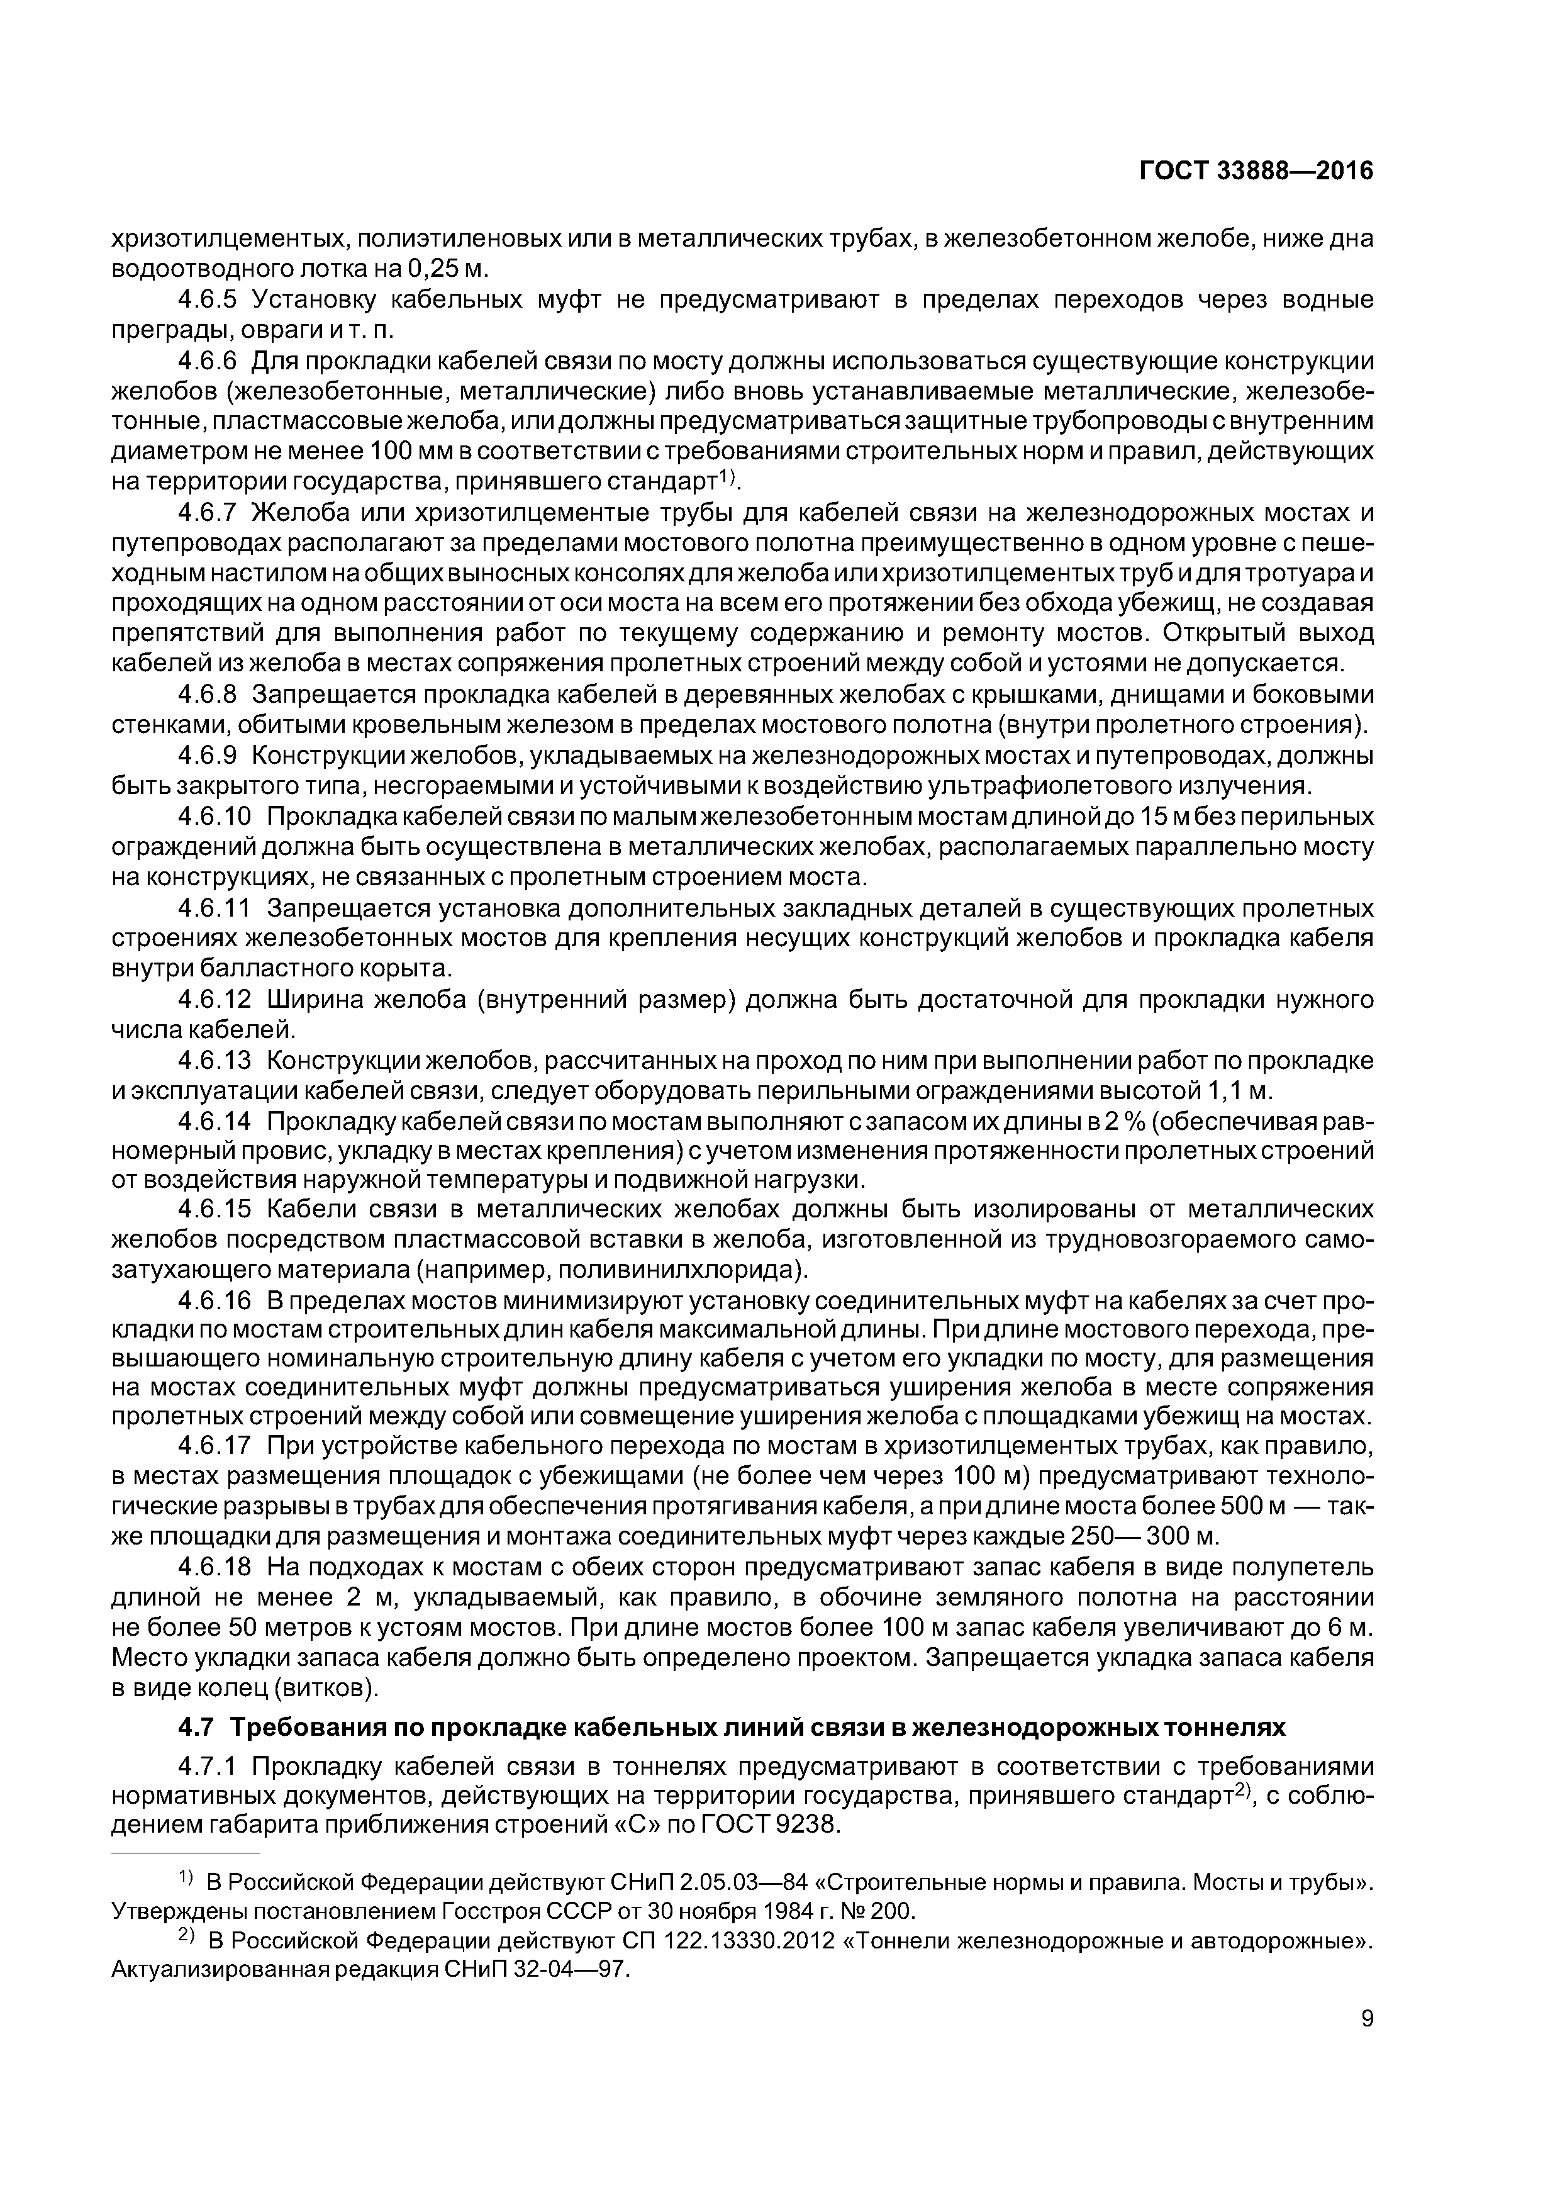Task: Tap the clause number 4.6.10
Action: coord(214,817)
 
